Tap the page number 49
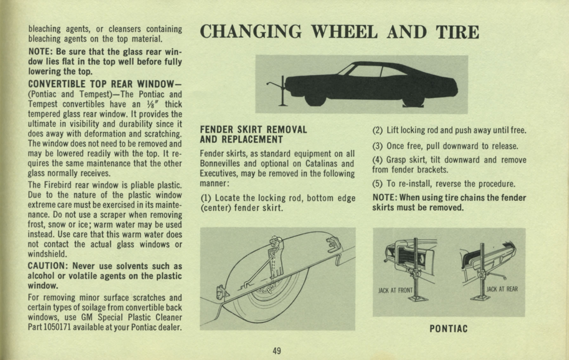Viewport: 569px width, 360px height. [x=277, y=351]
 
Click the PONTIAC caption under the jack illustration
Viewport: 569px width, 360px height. [x=448, y=329]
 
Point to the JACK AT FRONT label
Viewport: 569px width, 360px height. [x=395, y=290]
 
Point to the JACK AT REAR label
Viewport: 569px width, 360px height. [x=502, y=289]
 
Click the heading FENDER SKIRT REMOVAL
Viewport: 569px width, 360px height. [x=253, y=130]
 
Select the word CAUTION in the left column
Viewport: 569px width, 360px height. [x=46, y=266]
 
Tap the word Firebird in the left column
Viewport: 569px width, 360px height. [x=59, y=185]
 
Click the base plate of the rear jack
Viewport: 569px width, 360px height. [x=481, y=298]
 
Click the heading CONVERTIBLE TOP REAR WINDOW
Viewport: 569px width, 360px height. [x=104, y=84]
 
